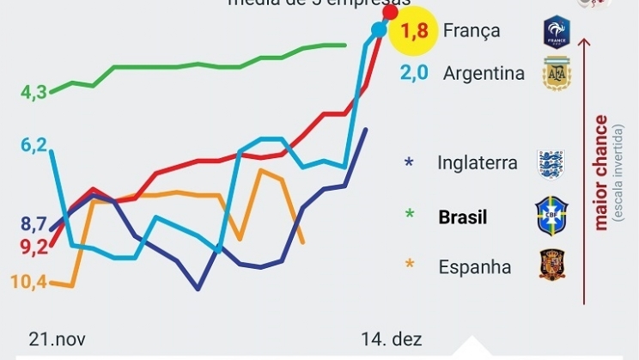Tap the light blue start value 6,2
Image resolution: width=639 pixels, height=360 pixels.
point(33,146)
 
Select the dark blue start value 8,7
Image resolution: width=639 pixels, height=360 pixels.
point(33,225)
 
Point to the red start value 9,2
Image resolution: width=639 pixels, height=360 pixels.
point(33,247)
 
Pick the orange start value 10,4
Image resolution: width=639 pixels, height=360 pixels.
point(29,281)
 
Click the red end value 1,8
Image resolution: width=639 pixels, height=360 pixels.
point(415,33)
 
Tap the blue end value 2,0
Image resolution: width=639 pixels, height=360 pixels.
point(415,73)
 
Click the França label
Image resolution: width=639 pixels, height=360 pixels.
point(472,31)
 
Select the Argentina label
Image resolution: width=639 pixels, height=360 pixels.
point(484,73)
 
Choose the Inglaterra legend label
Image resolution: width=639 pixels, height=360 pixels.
point(478,162)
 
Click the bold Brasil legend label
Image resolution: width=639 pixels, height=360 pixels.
point(463,217)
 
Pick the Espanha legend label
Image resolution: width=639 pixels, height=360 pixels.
point(475,267)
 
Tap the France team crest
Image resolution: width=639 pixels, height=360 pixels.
point(557,33)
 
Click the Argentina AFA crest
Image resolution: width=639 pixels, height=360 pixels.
point(556,73)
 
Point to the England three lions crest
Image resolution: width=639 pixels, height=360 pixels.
point(551,163)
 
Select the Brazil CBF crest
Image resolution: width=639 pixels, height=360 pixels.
point(551,215)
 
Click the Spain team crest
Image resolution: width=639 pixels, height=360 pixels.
point(551,265)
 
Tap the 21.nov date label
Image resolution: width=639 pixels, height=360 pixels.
point(58,339)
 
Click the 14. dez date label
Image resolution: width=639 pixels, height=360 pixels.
point(392,339)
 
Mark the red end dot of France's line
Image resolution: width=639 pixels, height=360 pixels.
point(390,12)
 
